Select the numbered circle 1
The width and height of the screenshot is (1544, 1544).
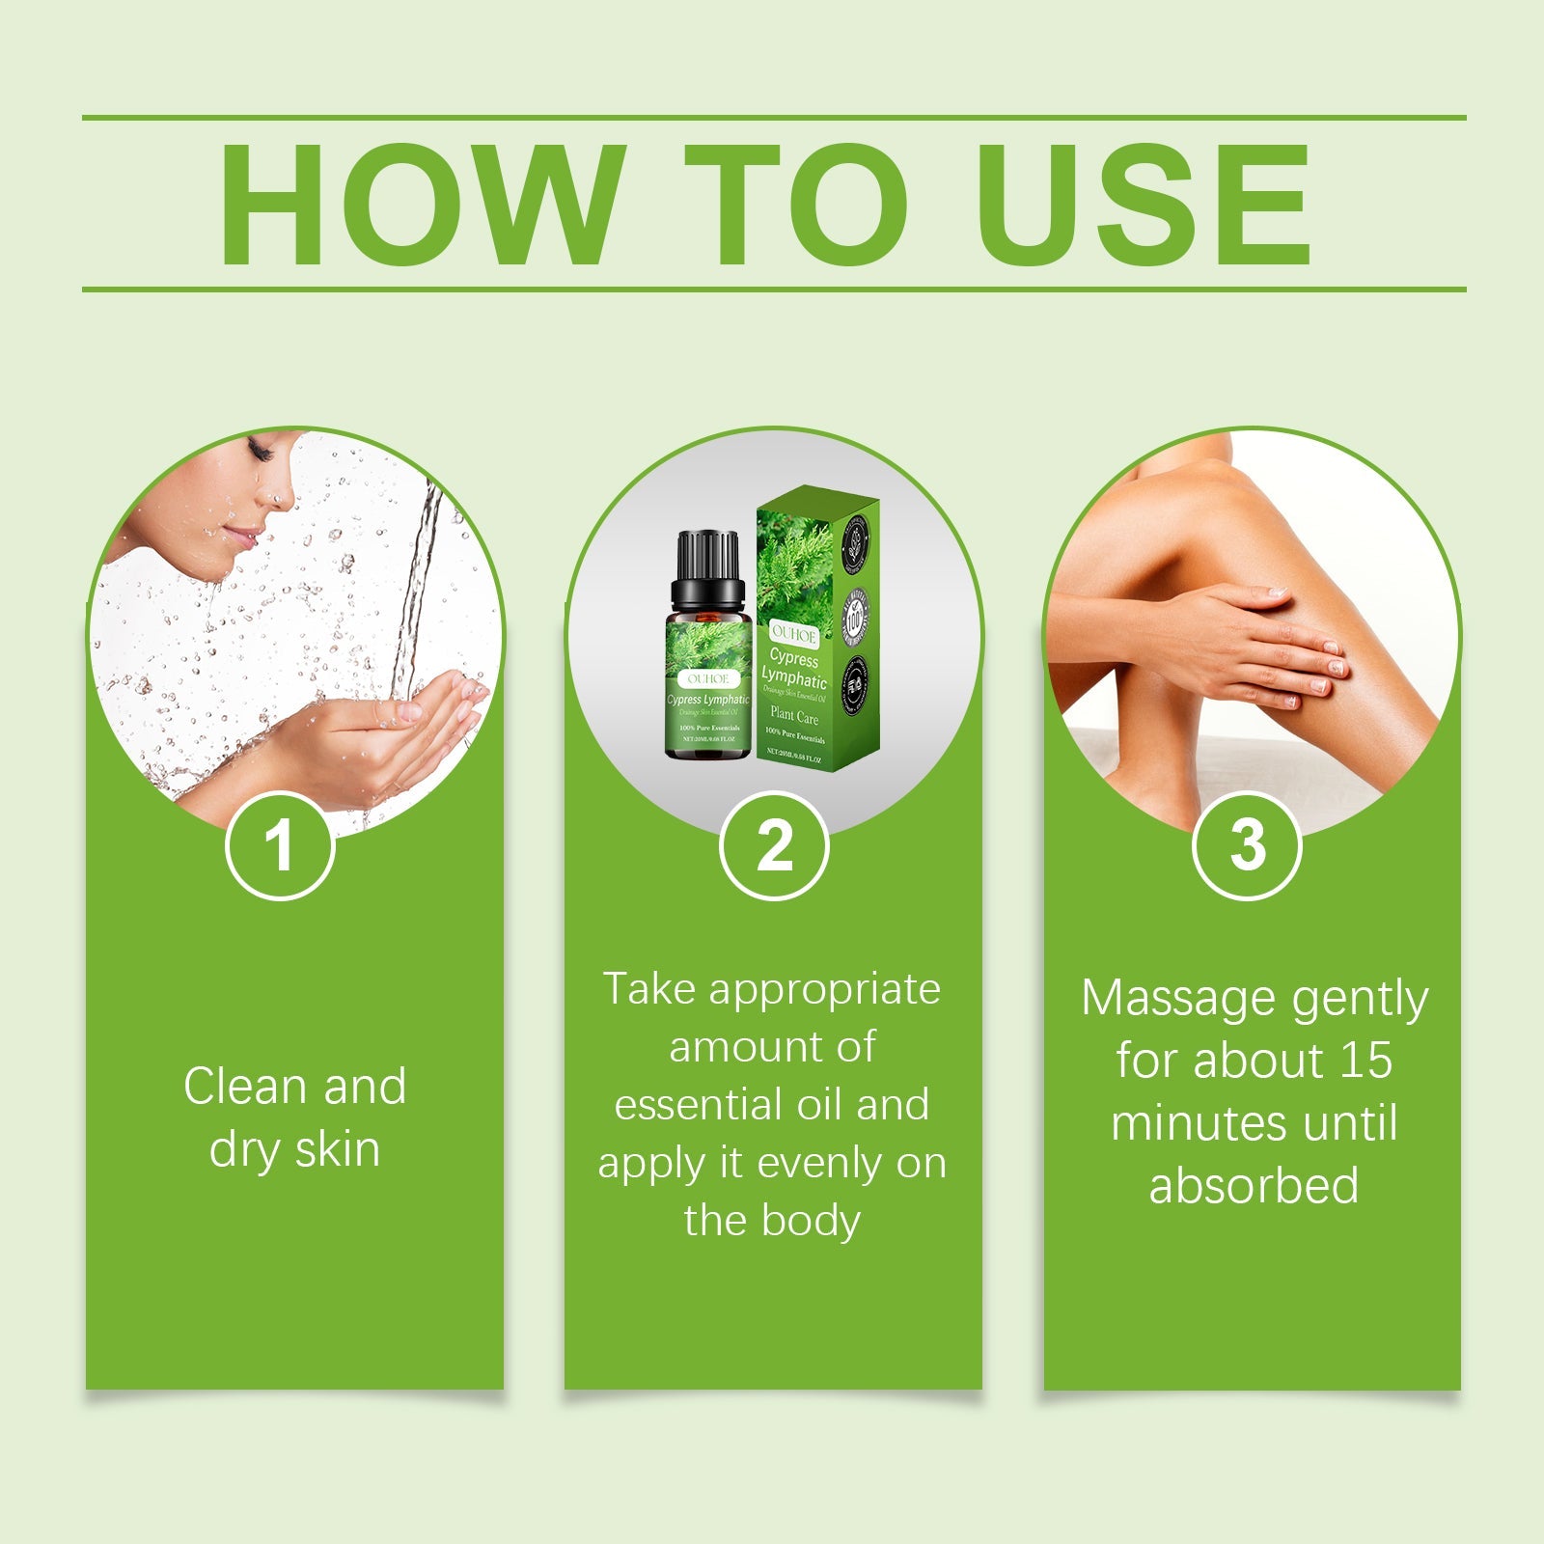point(280,846)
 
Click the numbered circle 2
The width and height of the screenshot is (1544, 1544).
point(774,846)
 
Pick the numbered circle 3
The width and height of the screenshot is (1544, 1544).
point(1247,846)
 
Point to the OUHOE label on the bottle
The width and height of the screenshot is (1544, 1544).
point(708,678)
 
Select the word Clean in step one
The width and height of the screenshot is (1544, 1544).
point(245,1087)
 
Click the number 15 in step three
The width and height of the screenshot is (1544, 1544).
point(1365,1061)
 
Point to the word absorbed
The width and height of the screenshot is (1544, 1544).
point(1254,1186)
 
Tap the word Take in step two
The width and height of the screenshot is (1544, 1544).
point(649,989)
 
